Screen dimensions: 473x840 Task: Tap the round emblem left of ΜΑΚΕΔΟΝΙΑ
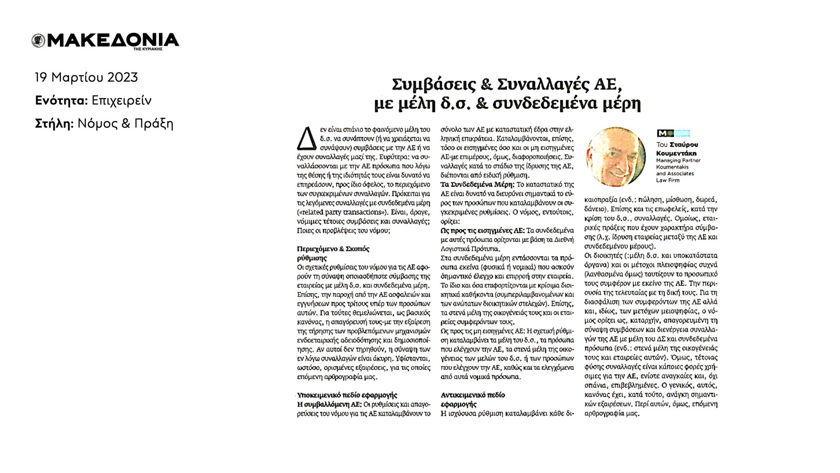tap(38, 41)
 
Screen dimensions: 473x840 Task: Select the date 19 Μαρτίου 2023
tap(86, 77)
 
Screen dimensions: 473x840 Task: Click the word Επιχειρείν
tap(122, 101)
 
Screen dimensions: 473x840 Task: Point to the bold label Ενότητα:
tap(61, 101)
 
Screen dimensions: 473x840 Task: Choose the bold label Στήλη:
tap(54, 124)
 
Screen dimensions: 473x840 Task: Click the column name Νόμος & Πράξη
tap(126, 124)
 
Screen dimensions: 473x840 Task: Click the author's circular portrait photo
tap(616, 157)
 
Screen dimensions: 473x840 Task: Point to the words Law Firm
tap(666, 180)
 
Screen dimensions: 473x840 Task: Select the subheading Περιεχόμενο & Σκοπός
tap(333, 249)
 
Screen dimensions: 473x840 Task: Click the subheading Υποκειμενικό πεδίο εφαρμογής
tap(347, 395)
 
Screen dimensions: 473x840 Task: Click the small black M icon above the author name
tap(662, 133)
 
